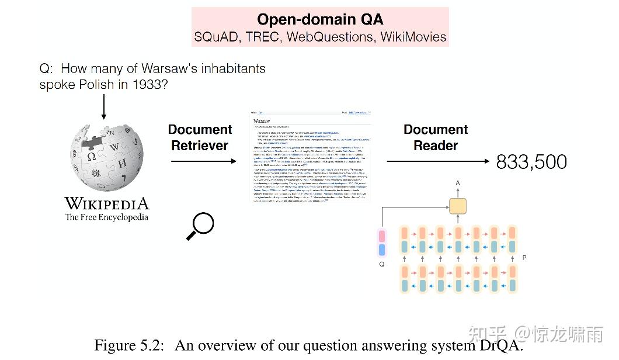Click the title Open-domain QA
[x=320, y=19]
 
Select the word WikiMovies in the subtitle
[x=413, y=37]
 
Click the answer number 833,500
[x=531, y=162]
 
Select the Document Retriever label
[x=200, y=137]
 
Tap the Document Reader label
[x=436, y=137]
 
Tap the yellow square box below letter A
[x=457, y=206]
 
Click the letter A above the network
[x=457, y=184]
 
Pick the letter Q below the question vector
[x=382, y=263]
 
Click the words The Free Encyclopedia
[x=107, y=217]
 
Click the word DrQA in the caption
[x=502, y=345]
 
